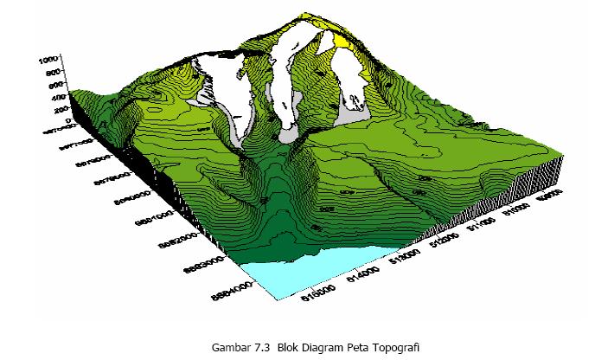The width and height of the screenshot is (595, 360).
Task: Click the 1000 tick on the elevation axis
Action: pos(47,61)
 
